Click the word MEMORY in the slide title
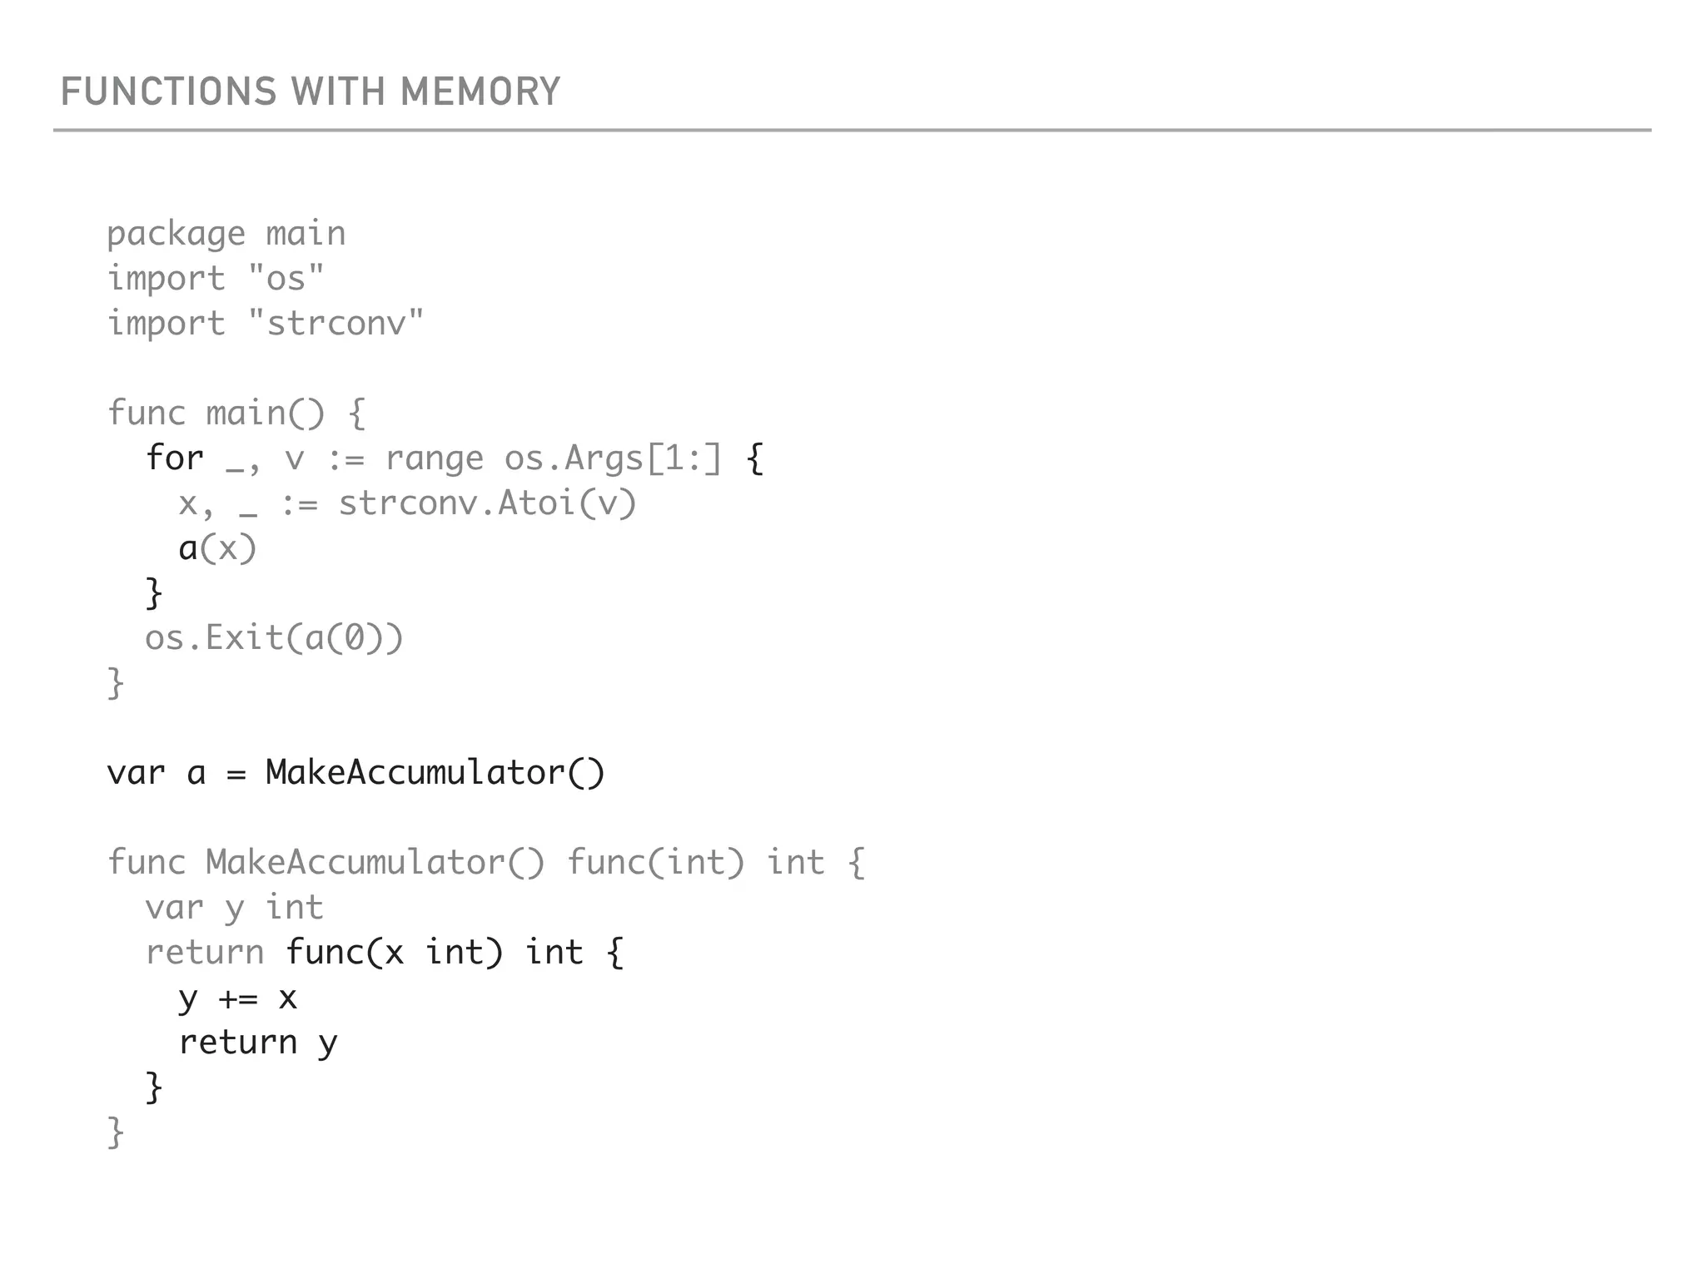[x=480, y=92]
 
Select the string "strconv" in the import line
[x=336, y=323]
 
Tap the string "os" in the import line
[x=286, y=278]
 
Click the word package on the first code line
[x=176, y=234]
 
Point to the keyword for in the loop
[x=174, y=458]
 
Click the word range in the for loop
[x=434, y=458]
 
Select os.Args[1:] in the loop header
[x=613, y=458]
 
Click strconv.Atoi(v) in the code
[x=487, y=503]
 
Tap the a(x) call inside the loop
[x=217, y=548]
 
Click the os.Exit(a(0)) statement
[x=274, y=638]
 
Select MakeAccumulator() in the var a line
[x=435, y=772]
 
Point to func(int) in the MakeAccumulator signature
[x=655, y=862]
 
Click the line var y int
[x=234, y=907]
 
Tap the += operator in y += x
[x=238, y=998]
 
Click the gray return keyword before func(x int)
[x=205, y=952]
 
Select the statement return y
[x=257, y=1043]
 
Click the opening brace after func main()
[x=357, y=414]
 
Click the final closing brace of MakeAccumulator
[x=116, y=1132]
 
